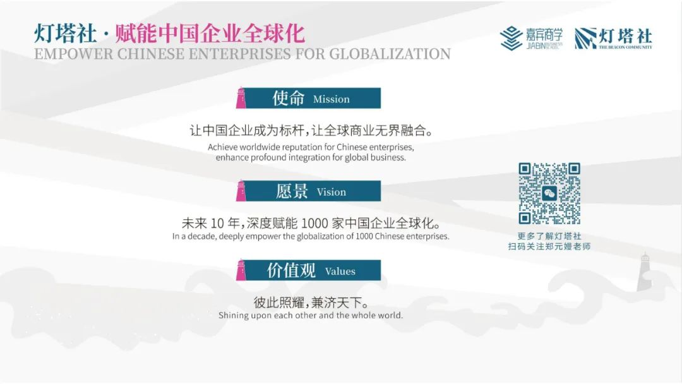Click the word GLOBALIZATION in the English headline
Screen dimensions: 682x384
tap(390, 54)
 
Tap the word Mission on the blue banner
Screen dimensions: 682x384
tap(332, 99)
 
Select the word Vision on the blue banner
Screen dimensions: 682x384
tap(332, 192)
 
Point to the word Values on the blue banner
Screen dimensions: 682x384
tap(340, 272)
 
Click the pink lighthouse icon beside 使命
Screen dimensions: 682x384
tap(241, 98)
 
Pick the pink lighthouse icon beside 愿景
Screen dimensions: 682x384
tap(241, 191)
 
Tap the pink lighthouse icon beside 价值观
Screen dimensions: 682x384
tap(241, 270)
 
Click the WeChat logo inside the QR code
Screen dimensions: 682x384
tap(549, 193)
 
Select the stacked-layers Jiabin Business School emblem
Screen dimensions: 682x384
tap(511, 38)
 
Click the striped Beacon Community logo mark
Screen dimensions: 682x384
tap(585, 39)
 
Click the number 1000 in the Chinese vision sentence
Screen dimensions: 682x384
tap(314, 224)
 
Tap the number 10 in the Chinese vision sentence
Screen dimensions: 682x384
tap(217, 224)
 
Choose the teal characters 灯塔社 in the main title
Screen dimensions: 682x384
tap(65, 33)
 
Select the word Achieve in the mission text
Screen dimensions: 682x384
tap(222, 147)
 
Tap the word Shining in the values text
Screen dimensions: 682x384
tap(234, 315)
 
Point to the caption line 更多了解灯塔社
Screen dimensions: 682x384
tap(549, 236)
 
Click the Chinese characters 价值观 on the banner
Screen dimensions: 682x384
tap(291, 270)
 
